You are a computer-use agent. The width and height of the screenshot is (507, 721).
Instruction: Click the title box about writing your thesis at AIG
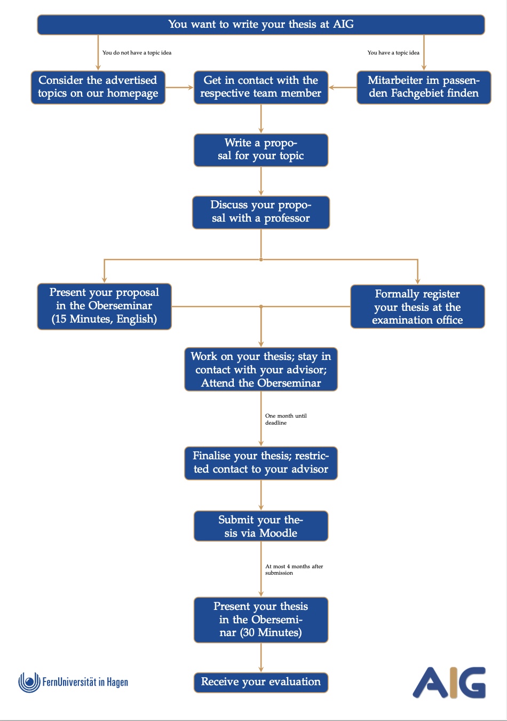point(260,25)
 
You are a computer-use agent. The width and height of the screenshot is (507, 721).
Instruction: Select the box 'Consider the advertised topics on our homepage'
point(98,87)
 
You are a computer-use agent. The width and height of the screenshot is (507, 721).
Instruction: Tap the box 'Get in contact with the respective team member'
point(260,87)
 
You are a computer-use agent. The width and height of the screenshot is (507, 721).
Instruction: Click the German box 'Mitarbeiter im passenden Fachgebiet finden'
point(423,87)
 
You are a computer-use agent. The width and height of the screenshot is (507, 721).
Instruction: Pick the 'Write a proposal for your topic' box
point(260,150)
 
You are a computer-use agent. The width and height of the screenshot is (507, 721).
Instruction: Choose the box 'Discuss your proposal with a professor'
point(260,212)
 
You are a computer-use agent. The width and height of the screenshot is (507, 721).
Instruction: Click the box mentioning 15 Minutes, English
point(104,306)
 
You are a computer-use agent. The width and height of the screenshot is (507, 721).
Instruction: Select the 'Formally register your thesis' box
point(417,307)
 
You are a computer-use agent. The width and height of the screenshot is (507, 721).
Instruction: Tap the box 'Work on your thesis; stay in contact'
point(260,370)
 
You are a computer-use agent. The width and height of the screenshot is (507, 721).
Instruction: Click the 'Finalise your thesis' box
point(260,463)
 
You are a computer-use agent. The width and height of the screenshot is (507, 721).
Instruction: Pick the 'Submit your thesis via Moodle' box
point(260,526)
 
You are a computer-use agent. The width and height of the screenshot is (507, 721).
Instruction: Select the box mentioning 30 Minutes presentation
point(260,620)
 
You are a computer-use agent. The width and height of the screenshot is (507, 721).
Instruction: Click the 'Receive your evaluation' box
point(260,682)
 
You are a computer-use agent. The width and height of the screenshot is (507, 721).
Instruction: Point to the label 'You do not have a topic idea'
point(137,53)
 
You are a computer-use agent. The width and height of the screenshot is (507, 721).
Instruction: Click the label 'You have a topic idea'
point(393,53)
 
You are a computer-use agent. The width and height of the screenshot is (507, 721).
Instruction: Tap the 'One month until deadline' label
point(286,419)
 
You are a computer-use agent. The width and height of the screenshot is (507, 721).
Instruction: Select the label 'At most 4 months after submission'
point(294,569)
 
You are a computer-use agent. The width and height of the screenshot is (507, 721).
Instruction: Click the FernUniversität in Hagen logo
point(73,682)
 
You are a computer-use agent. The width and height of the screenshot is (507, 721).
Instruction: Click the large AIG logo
point(449,682)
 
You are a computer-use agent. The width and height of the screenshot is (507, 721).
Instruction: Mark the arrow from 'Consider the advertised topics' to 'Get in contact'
point(179,87)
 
